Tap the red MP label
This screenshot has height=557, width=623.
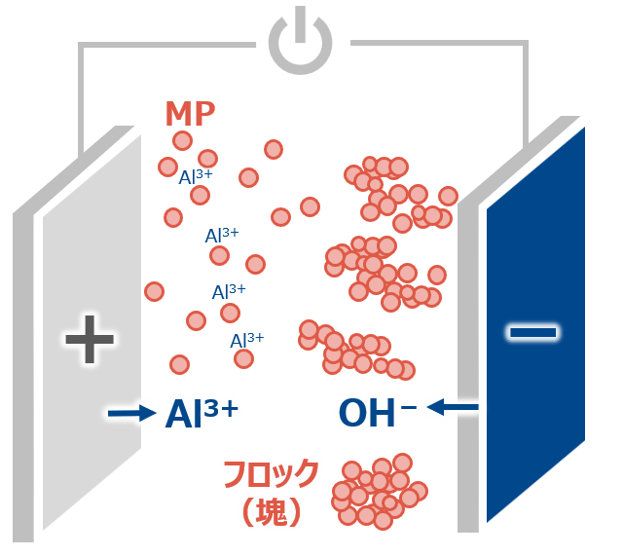click(190, 114)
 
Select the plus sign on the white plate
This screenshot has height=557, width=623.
click(90, 340)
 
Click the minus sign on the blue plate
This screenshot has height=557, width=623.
click(532, 333)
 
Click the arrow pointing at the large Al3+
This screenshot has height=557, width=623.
click(131, 414)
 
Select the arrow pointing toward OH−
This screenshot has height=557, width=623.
click(454, 406)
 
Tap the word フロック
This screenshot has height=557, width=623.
click(270, 474)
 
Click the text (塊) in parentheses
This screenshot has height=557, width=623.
click(269, 512)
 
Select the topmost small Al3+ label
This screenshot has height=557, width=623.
click(196, 177)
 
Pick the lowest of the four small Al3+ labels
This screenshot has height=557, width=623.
click(246, 340)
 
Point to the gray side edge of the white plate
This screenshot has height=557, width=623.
click(23, 370)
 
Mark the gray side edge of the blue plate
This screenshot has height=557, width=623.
click(469, 370)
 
